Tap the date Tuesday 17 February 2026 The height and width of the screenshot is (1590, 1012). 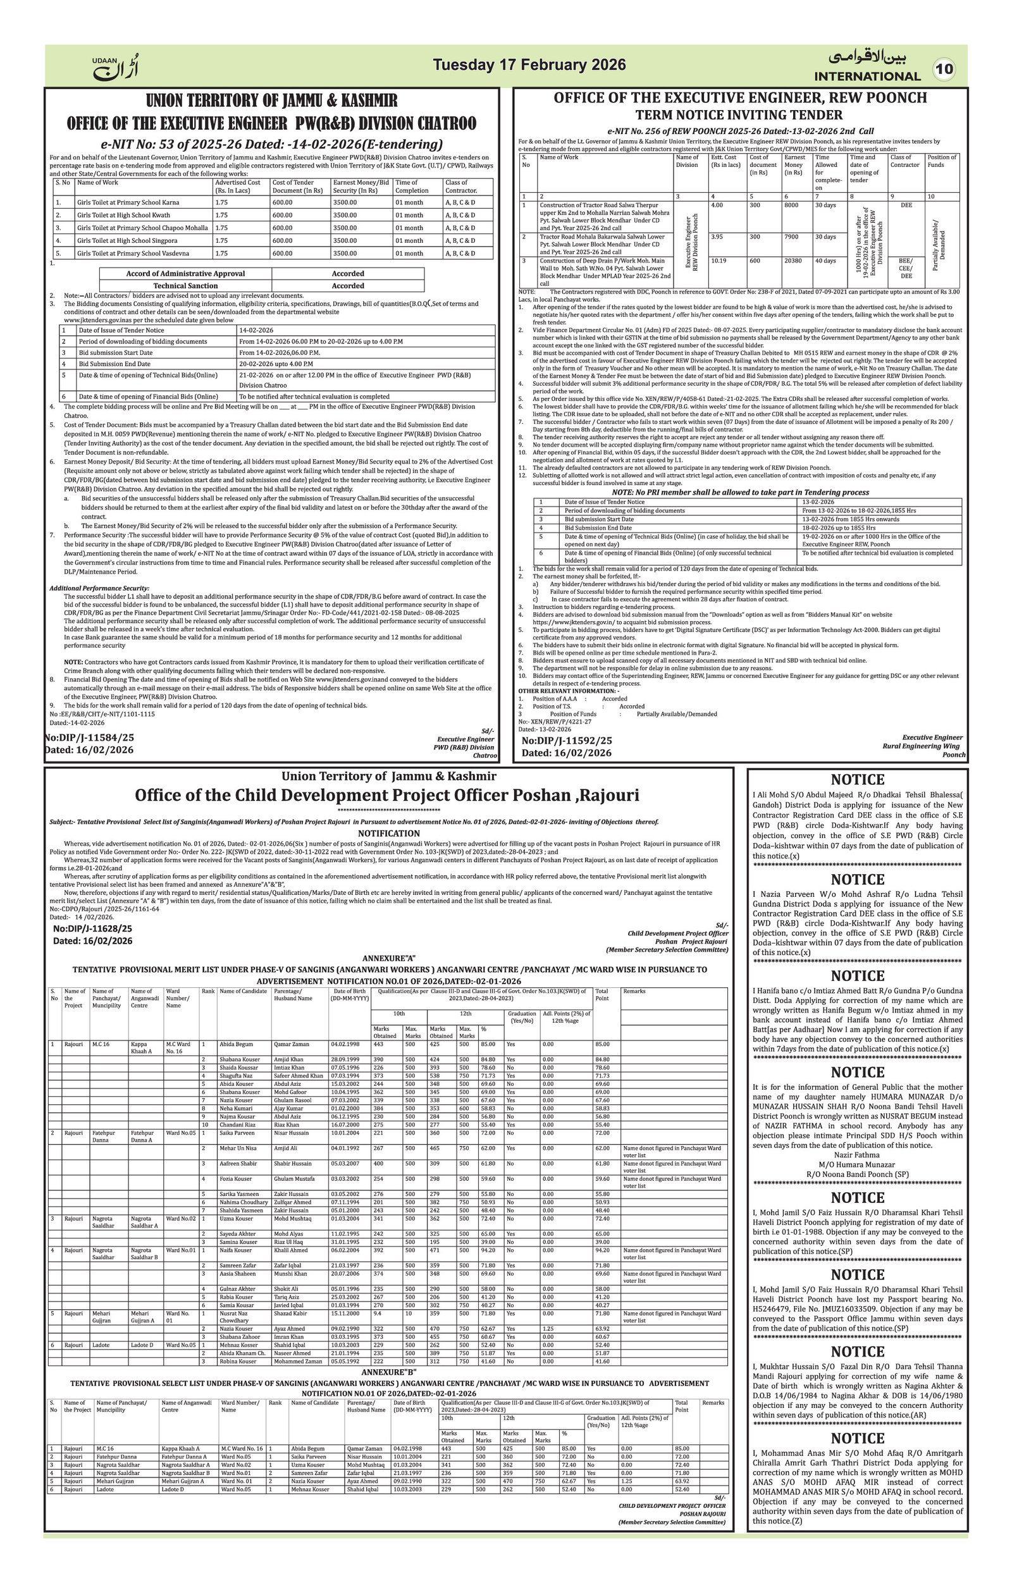(x=529, y=65)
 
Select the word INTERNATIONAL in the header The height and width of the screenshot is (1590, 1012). (x=867, y=76)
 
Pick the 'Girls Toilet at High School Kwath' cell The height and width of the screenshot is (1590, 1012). (x=123, y=215)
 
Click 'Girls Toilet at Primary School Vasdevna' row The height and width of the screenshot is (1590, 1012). (x=133, y=254)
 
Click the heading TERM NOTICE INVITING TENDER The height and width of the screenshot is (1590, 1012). (x=739, y=115)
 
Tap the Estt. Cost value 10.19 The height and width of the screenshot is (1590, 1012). (x=719, y=261)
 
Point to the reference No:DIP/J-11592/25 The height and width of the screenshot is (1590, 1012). (x=566, y=741)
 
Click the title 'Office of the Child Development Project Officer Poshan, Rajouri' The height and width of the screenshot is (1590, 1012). (x=387, y=795)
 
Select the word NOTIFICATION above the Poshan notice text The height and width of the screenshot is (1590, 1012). (x=389, y=834)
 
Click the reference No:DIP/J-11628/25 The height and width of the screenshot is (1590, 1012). (x=92, y=928)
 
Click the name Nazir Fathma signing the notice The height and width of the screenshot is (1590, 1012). (x=857, y=1155)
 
